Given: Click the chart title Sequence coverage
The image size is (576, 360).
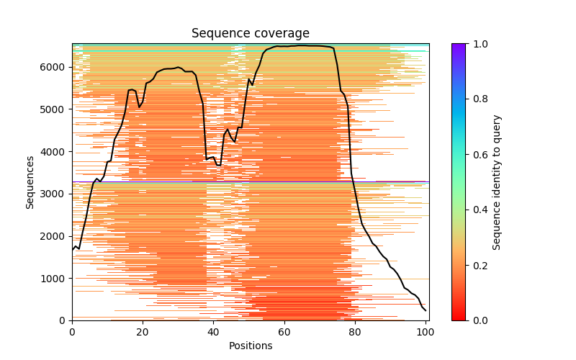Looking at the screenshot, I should (x=250, y=34).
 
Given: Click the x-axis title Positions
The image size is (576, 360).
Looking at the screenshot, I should (x=250, y=346).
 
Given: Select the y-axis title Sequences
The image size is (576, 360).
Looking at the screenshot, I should (x=30, y=181).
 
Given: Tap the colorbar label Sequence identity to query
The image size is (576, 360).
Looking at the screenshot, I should (x=497, y=181).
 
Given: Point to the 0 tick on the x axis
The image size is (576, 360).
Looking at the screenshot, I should (x=72, y=331).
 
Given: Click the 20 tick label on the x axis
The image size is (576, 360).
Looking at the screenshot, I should (x=143, y=331).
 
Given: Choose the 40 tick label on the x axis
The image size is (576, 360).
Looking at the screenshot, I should (x=213, y=331).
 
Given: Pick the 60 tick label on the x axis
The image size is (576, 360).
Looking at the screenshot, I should (x=284, y=331).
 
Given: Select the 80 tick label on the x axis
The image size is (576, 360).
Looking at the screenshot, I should (x=354, y=331).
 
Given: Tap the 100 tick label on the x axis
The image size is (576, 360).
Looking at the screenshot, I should (x=425, y=331).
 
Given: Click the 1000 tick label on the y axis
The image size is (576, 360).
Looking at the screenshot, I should (x=55, y=278).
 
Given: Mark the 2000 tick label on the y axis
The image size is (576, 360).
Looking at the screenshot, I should (x=55, y=236).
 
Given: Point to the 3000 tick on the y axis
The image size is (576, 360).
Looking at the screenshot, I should (x=55, y=194).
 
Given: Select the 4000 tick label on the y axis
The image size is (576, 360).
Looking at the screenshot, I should (x=55, y=151).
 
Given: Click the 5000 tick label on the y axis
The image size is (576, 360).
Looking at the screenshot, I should (x=55, y=109).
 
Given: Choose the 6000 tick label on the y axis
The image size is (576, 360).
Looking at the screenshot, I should (x=55, y=67).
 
